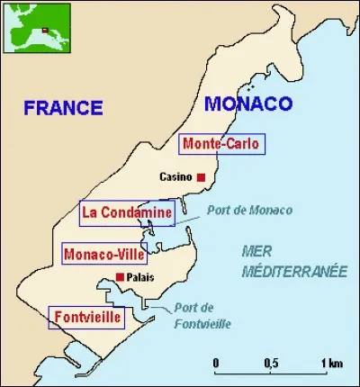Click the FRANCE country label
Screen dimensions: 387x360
(63, 108)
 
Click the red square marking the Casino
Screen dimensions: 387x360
(202, 176)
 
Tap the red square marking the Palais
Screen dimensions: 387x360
(120, 277)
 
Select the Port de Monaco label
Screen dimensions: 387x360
(249, 211)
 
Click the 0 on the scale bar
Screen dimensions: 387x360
(216, 362)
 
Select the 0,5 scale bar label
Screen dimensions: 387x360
(270, 362)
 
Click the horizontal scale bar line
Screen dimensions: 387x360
(271, 373)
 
